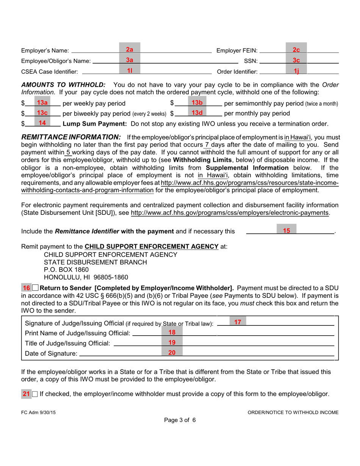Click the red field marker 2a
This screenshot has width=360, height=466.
130,50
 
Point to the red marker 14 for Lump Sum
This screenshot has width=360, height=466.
42,123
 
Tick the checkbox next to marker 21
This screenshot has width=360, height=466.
35,394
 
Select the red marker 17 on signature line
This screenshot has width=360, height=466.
238,322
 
